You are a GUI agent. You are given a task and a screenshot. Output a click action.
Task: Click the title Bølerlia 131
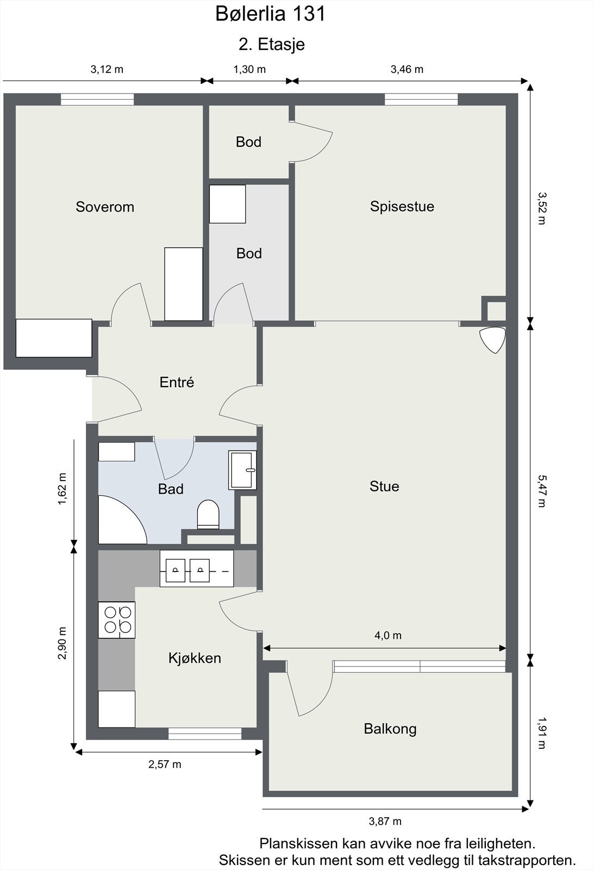[x=270, y=14]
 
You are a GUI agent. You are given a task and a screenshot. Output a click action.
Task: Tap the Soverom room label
[x=105, y=207]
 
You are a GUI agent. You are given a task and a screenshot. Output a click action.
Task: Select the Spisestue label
[x=402, y=206]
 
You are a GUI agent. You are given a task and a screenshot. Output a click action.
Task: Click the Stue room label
[x=384, y=486]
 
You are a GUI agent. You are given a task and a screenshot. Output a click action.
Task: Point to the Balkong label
[x=390, y=729]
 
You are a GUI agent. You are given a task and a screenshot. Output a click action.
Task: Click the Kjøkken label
[x=195, y=658]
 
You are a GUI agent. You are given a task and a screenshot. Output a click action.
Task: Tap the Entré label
[x=177, y=382]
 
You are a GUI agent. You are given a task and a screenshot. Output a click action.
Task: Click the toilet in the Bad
[x=209, y=514]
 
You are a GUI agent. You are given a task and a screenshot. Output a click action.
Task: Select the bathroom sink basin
[x=242, y=470]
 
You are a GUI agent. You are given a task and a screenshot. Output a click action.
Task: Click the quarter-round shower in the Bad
[x=120, y=520]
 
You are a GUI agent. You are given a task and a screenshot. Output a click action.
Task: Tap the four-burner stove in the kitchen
[x=117, y=620]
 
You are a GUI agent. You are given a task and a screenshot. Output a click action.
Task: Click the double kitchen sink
[x=197, y=570]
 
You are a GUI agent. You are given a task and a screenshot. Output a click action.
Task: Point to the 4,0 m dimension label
[x=388, y=636]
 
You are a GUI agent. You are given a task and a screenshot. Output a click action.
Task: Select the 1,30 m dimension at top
[x=249, y=70]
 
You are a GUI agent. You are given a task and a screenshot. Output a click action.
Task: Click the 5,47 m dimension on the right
[x=541, y=491]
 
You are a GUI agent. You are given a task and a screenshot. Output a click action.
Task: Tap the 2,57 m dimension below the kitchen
[x=165, y=765]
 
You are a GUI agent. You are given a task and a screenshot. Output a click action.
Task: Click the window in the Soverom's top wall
[x=97, y=100]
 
